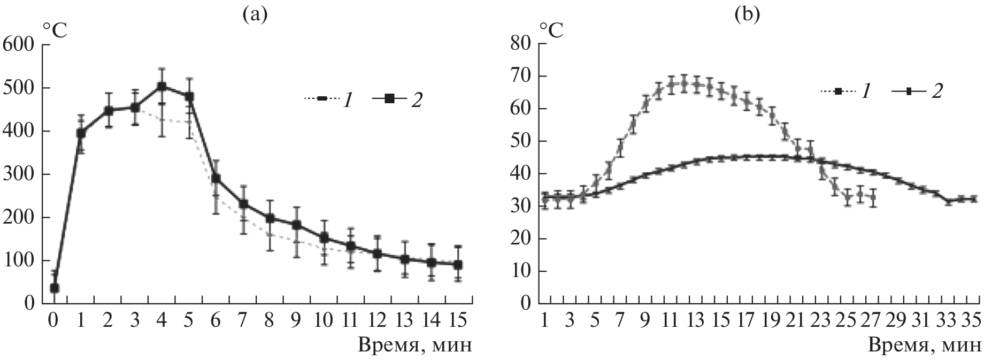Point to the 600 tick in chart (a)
pyautogui.click(x=19, y=45)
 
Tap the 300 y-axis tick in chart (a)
pyautogui.click(x=19, y=175)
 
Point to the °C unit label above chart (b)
pyautogui.click(x=550, y=30)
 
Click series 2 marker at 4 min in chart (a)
pyautogui.click(x=162, y=87)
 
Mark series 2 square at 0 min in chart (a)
pyautogui.click(x=54, y=288)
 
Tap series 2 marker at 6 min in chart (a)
pyautogui.click(x=216, y=178)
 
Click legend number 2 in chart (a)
pyautogui.click(x=415, y=99)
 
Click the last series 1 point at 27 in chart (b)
pyautogui.click(x=873, y=197)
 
